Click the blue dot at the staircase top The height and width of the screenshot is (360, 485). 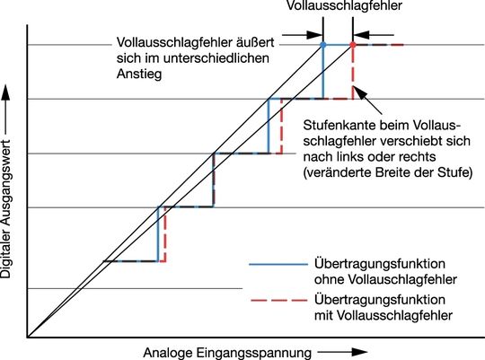pyautogui.click(x=323, y=45)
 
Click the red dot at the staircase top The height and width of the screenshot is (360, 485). pyautogui.click(x=353, y=45)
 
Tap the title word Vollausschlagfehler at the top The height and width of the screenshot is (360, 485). pyautogui.click(x=344, y=5)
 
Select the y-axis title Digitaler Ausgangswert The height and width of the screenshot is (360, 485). pyautogui.click(x=5, y=209)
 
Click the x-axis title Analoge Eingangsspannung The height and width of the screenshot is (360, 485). pyautogui.click(x=227, y=353)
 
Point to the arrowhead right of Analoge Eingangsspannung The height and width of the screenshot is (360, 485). pyautogui.click(x=359, y=352)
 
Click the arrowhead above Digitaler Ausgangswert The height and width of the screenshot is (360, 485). pyautogui.click(x=5, y=92)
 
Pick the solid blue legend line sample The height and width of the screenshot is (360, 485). pyautogui.click(x=278, y=265)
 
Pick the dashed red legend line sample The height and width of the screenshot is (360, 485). pyautogui.click(x=278, y=301)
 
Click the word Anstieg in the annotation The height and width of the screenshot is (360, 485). pyautogui.click(x=139, y=75)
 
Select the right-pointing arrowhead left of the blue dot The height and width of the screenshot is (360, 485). pyautogui.click(x=314, y=35)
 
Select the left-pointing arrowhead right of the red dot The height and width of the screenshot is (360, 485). pyautogui.click(x=361, y=35)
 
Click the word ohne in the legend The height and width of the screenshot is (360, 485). pyautogui.click(x=329, y=279)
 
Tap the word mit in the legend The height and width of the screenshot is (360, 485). pyautogui.click(x=323, y=315)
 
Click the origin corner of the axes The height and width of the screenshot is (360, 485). pyautogui.click(x=28, y=337)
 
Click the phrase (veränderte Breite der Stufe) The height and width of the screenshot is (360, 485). pyautogui.click(x=388, y=172)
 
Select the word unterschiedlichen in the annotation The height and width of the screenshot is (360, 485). pyautogui.click(x=216, y=58)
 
